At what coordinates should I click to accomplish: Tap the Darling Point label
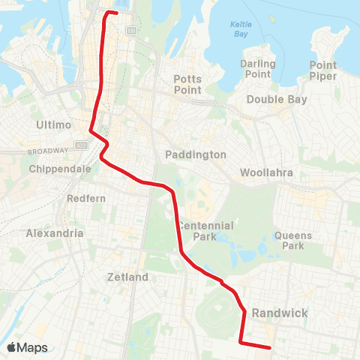click(258, 69)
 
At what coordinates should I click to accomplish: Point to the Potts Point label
click(187, 83)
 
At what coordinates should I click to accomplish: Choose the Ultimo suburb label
click(52, 123)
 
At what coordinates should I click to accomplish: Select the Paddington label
click(195, 154)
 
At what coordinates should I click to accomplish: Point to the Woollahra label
click(265, 172)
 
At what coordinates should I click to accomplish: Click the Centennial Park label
click(205, 231)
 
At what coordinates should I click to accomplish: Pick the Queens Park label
click(292, 240)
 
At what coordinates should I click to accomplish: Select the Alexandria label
click(55, 233)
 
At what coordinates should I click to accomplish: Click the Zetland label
click(127, 277)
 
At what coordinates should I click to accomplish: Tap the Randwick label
click(280, 313)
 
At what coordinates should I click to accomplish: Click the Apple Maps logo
click(26, 347)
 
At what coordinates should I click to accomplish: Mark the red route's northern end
click(116, 13)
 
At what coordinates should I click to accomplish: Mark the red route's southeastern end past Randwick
click(269, 347)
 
